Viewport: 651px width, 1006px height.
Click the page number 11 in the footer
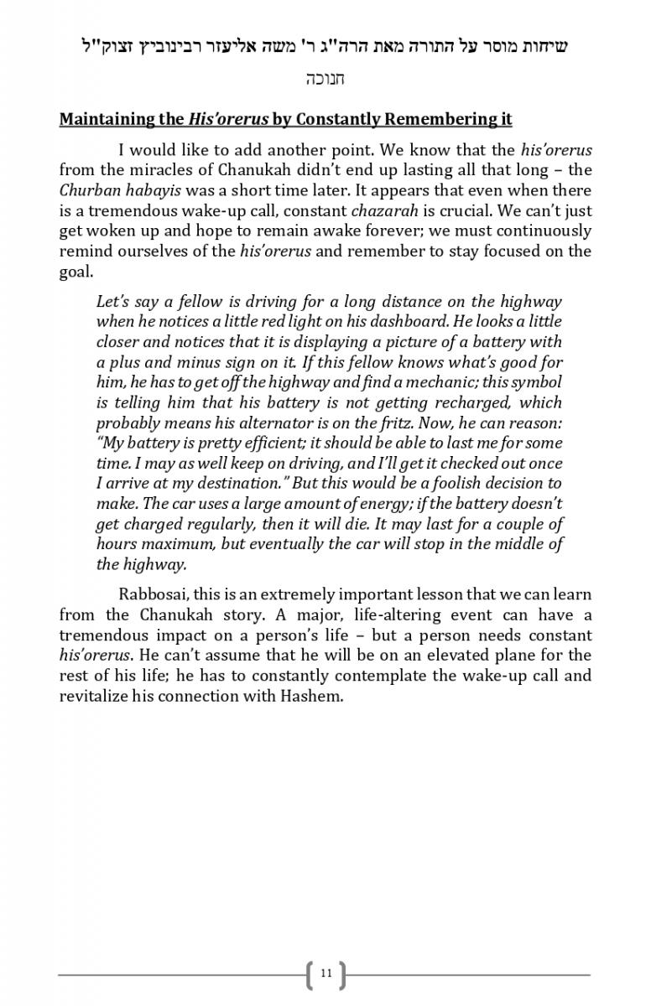[x=326, y=973]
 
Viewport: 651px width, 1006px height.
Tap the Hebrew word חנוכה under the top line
[x=325, y=80]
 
